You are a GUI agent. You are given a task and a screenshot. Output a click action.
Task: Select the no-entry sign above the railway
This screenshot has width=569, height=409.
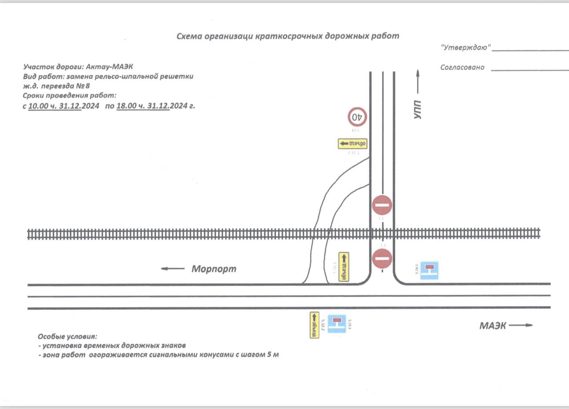(382, 205)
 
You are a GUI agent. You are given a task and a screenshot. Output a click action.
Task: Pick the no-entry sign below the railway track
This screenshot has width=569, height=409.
(382, 259)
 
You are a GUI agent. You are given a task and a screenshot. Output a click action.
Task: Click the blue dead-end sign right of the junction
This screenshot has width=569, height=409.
(429, 270)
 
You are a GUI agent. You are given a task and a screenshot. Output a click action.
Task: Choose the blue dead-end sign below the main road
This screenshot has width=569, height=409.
(337, 324)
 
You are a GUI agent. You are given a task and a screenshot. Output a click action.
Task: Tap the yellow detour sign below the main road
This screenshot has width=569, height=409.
(315, 325)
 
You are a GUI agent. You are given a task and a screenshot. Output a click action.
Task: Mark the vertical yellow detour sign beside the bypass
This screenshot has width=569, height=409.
(344, 267)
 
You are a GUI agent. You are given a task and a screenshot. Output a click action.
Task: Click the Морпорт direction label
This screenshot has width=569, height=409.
(214, 269)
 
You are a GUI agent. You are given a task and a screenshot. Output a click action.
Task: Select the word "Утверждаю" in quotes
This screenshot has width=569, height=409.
(465, 47)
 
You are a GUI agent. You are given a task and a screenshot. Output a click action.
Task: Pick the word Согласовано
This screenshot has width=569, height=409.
(462, 68)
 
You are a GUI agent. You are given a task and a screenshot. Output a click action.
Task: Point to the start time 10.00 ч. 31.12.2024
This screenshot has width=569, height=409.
(55, 107)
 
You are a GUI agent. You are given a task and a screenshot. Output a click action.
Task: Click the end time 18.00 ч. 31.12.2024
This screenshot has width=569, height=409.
(143, 107)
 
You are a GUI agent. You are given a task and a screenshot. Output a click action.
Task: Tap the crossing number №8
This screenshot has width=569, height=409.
(83, 86)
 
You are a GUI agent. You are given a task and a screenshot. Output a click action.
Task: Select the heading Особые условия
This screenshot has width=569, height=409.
(67, 337)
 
